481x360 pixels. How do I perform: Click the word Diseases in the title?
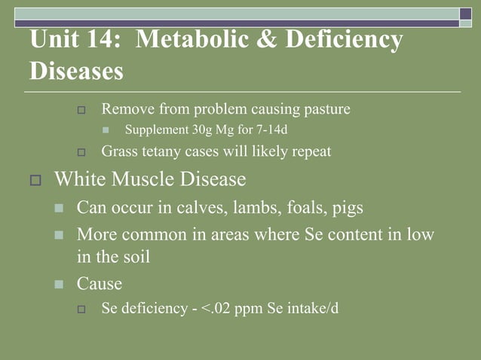[x=76, y=72]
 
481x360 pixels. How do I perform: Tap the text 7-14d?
[x=271, y=130]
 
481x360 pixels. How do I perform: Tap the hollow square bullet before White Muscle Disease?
[x=35, y=181]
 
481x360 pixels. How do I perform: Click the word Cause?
[x=100, y=285]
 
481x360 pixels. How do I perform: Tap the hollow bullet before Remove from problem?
[x=83, y=110]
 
